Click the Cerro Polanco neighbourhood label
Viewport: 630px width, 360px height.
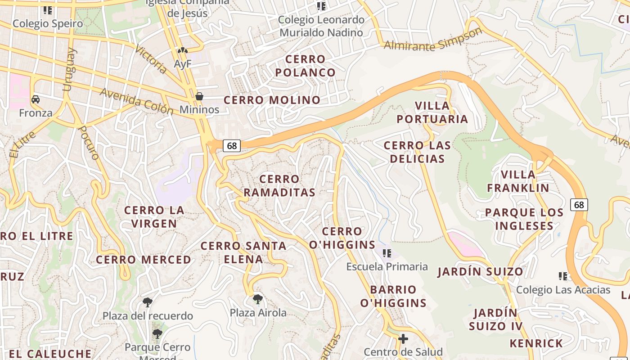pos(305,66)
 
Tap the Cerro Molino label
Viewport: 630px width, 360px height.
pos(272,100)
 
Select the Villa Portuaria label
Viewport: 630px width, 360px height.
pos(441,112)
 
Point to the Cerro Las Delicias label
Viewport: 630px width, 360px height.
pos(417,152)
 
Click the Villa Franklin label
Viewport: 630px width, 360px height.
pos(518,181)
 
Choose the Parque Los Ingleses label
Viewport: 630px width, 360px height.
pos(524,219)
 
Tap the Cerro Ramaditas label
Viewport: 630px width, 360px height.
pos(279,186)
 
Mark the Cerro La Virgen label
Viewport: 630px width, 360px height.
pos(154,217)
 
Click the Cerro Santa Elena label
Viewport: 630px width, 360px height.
pos(243,252)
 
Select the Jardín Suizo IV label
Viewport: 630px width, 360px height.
pos(495,319)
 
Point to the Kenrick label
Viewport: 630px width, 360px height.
pos(536,343)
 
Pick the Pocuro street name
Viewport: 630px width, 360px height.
pos(88,142)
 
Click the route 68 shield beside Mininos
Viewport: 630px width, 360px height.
pos(232,146)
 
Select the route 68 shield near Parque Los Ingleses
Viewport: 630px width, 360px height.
pos(579,205)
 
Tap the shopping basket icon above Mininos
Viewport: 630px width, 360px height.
pos(199,96)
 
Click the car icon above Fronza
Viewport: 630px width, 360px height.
pos(36,99)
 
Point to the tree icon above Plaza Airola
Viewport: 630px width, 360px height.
pos(257,299)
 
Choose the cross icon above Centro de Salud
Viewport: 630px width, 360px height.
pos(403,338)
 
